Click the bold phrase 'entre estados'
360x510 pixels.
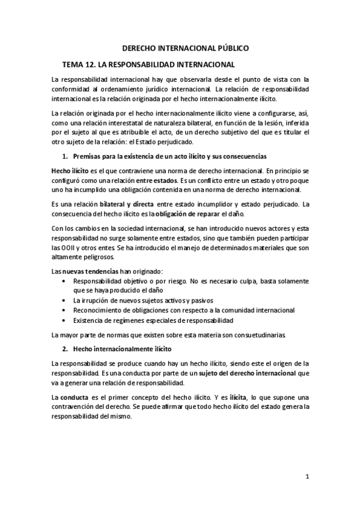[157, 180]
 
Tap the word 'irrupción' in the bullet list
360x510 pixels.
[96, 300]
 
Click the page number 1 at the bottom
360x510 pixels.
[307, 477]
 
